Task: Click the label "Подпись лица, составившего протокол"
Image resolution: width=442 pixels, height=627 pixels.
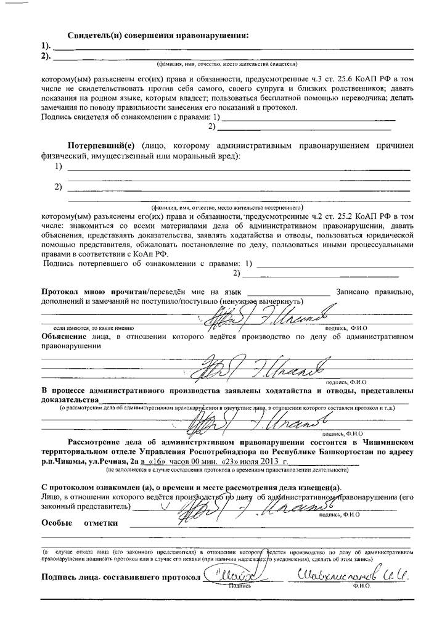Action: pos(121,577)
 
